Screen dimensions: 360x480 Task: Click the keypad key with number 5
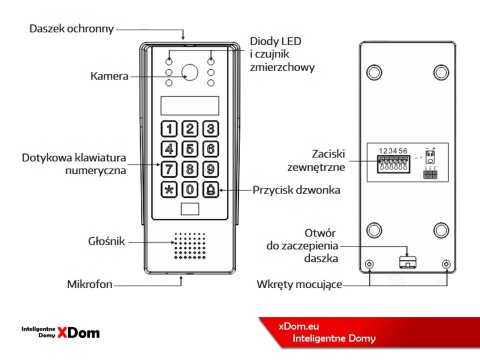(190, 148)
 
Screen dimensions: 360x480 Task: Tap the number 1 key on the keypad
(171, 128)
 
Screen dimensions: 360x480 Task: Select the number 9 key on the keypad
(210, 168)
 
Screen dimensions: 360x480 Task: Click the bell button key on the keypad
(210, 189)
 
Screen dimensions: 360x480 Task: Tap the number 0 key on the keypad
(190, 189)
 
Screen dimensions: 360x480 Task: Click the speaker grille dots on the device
(190, 246)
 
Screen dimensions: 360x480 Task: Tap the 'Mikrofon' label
(90, 285)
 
